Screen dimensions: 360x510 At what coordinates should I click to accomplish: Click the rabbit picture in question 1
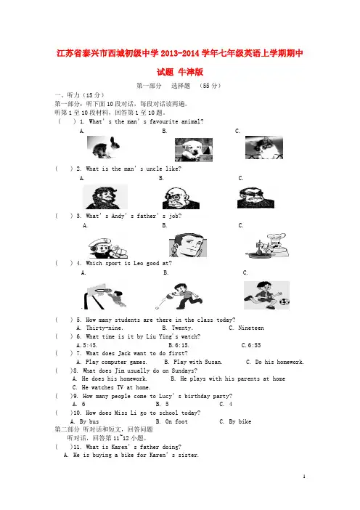pos(103,147)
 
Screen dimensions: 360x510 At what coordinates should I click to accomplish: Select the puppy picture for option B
pos(194,150)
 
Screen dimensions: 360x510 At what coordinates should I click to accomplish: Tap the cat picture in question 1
pos(263,147)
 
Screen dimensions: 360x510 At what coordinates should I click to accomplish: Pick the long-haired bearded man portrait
pos(105,197)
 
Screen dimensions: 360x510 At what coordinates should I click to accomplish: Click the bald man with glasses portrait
pos(181,198)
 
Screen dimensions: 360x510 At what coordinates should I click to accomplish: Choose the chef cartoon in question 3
pos(266,246)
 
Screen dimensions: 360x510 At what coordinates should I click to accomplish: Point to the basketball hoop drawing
pos(95,296)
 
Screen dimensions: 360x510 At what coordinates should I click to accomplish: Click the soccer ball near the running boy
pos(284,301)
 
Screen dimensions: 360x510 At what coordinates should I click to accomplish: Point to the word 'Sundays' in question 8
pos(183,371)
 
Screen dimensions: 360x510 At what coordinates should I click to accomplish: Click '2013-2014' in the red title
pos(180,53)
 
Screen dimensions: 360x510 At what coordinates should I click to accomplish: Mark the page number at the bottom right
pos(304,477)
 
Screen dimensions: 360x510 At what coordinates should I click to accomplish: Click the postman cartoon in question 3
pos(108,248)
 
